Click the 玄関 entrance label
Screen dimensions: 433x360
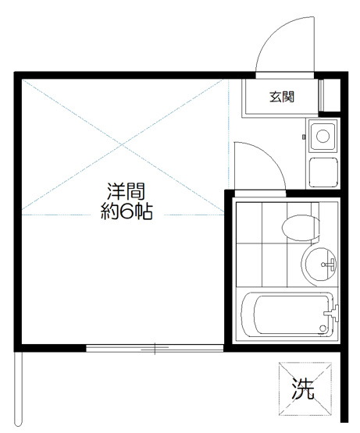282,98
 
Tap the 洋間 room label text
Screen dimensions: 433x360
126,190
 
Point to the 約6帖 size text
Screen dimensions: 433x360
126,211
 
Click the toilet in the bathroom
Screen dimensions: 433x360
300,228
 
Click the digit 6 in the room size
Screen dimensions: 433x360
126,211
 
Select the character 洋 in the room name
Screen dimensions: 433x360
115,190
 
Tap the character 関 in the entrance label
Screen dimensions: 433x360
288,98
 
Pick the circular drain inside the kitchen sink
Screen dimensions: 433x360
321,137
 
